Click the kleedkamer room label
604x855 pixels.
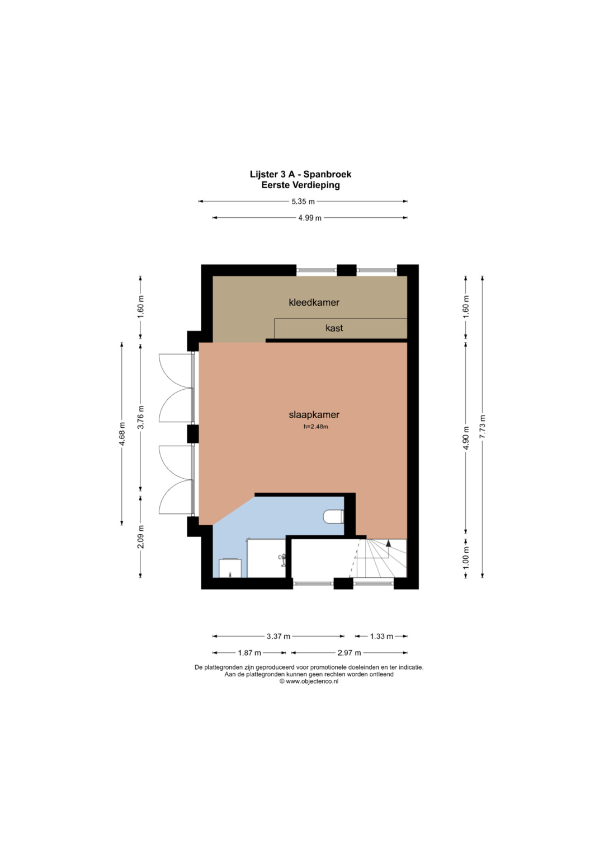(x=314, y=302)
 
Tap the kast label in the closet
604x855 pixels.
(x=334, y=328)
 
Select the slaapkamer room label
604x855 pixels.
(x=314, y=415)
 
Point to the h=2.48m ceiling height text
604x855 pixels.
(x=316, y=427)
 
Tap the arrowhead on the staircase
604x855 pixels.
(x=389, y=543)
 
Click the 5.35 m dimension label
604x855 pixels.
(x=303, y=202)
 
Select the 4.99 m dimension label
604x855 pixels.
(x=310, y=218)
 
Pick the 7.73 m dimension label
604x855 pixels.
(x=482, y=426)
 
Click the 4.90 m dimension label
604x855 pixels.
(x=465, y=437)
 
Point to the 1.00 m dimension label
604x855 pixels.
(x=465, y=558)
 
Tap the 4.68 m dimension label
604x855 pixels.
(x=122, y=433)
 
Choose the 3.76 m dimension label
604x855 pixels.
(x=140, y=417)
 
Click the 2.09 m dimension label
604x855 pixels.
(x=140, y=536)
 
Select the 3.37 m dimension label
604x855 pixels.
(x=279, y=636)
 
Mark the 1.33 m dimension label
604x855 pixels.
(x=381, y=636)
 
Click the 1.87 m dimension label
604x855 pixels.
(x=249, y=653)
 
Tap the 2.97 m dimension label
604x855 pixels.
(x=349, y=653)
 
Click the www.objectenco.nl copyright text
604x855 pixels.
(x=309, y=681)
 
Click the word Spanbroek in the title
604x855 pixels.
(x=327, y=175)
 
